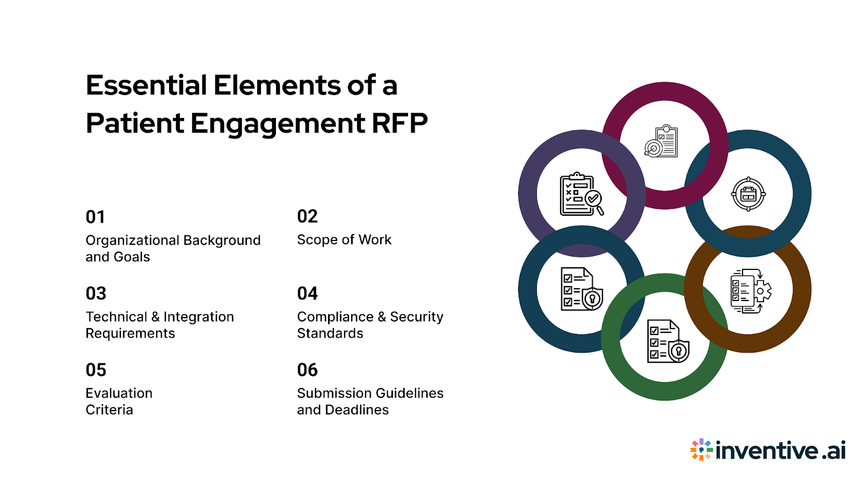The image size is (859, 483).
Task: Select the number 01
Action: [96, 217]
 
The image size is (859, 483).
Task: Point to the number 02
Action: [308, 216]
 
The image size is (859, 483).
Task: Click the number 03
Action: [96, 294]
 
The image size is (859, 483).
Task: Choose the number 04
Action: [308, 294]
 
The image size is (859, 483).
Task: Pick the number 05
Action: [96, 370]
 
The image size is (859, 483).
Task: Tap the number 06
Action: [308, 370]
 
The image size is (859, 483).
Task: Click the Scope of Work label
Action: [344, 240]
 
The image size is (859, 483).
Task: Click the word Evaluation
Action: [119, 393]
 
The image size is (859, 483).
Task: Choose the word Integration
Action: [199, 317]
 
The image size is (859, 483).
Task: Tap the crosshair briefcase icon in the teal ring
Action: [748, 194]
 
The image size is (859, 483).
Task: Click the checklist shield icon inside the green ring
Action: [667, 342]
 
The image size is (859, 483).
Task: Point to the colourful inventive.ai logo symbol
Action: [701, 450]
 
